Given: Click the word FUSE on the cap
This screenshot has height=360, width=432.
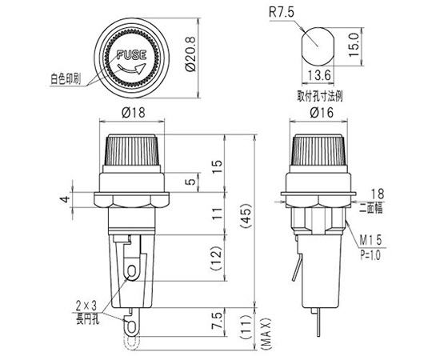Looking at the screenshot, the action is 132,55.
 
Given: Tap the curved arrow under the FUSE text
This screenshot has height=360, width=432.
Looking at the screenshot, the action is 131,70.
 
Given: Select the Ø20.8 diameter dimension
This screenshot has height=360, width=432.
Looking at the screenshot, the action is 190,54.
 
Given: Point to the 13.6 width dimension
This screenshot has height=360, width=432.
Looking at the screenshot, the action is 318,75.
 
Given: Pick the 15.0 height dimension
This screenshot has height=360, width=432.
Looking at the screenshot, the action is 354,45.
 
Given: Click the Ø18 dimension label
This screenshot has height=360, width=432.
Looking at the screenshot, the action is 133,112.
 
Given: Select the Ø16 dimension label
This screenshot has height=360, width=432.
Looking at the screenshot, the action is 322,112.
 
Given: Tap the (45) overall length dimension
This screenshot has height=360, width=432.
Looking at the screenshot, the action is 246,215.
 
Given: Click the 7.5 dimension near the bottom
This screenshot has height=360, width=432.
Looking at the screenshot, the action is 217,321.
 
